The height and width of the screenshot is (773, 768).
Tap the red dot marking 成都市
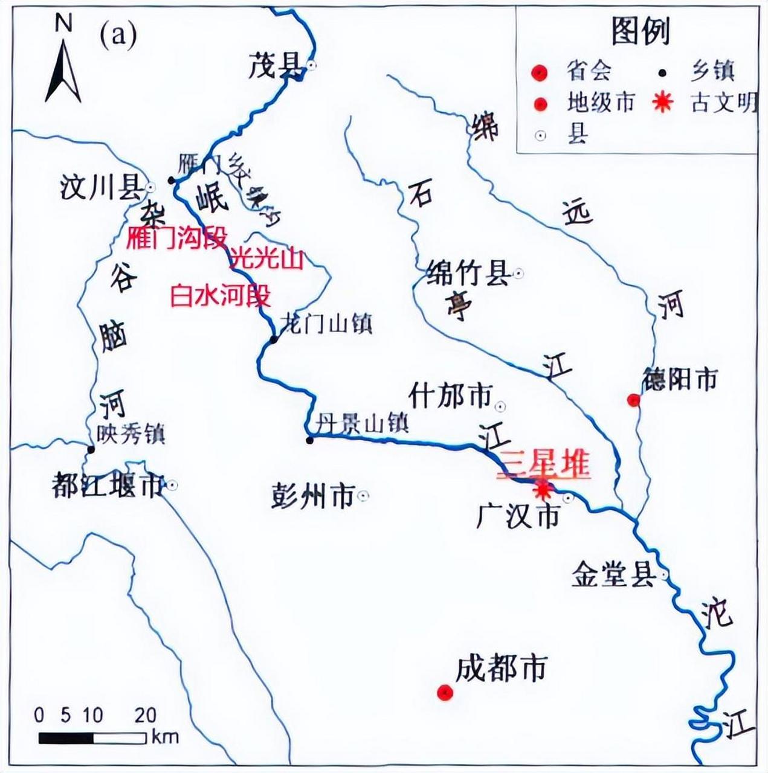click(x=445, y=693)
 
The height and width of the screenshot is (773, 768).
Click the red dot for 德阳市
click(x=633, y=400)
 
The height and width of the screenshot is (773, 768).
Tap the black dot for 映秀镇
click(x=91, y=449)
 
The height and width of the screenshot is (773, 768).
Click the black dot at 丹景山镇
click(x=309, y=440)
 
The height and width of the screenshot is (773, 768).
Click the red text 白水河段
click(x=220, y=297)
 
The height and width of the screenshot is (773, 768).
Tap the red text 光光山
click(x=265, y=259)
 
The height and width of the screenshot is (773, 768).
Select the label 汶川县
click(x=100, y=188)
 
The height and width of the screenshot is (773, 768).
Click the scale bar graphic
click(x=92, y=738)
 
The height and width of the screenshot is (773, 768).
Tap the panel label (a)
click(x=118, y=36)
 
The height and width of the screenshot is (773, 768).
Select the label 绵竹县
click(x=468, y=274)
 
